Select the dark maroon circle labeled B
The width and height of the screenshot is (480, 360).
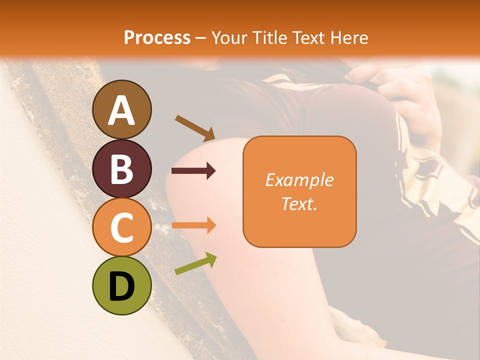(121, 168)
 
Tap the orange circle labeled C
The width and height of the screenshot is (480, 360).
(121, 227)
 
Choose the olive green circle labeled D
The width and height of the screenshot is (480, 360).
(121, 285)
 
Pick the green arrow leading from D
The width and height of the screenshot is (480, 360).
(195, 263)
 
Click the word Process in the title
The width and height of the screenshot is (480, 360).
(157, 38)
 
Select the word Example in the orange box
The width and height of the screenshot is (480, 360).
(299, 180)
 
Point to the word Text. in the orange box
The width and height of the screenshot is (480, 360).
(299, 203)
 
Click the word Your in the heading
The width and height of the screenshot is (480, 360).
(228, 38)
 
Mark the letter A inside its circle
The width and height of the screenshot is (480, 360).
(121, 110)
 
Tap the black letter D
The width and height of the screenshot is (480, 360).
(121, 287)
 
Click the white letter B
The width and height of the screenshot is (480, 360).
(121, 169)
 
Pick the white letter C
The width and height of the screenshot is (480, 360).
(121, 228)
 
